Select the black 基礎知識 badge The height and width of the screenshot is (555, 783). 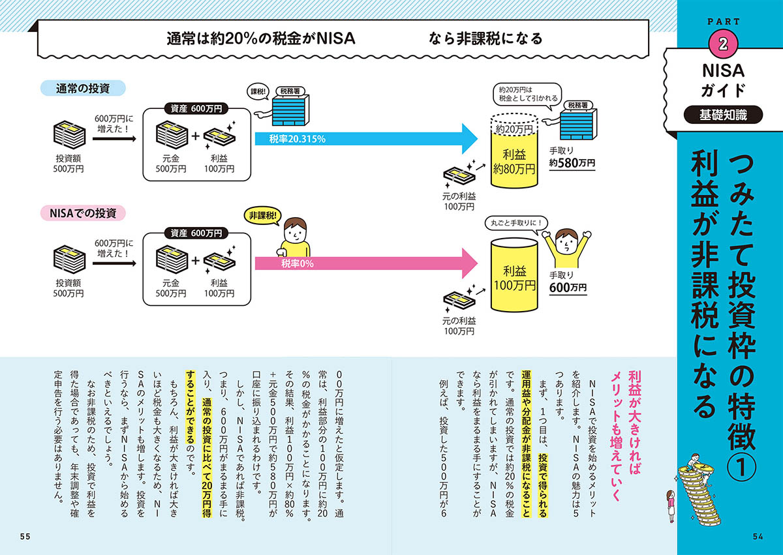pos(722,115)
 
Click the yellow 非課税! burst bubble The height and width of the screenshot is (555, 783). pos(261,215)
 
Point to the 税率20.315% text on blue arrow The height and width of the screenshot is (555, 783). pos(298,139)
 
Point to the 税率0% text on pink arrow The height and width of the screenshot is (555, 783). pos(298,263)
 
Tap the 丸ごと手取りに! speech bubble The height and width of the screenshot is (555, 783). pos(514,224)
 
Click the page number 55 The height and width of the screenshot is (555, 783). pos(25,536)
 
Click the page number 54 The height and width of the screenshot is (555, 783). pos(757,536)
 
